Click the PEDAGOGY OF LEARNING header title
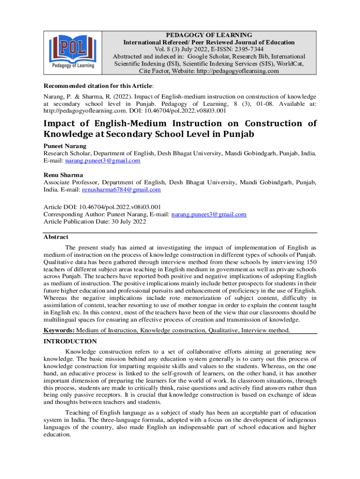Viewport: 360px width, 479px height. point(209,35)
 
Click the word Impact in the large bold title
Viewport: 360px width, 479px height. point(60,124)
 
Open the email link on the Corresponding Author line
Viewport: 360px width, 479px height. point(209,214)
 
